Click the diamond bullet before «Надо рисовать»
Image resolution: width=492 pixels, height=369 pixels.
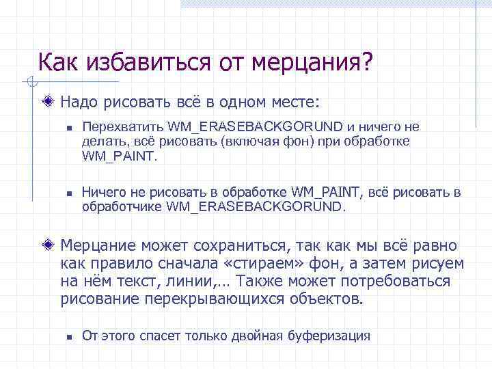click(47, 103)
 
